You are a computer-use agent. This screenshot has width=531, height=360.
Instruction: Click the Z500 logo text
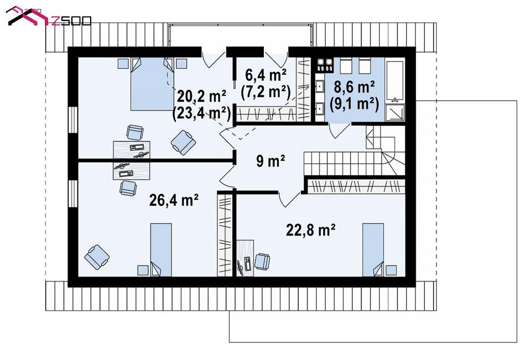[72, 20]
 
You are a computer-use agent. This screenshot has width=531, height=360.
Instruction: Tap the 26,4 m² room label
[174, 200]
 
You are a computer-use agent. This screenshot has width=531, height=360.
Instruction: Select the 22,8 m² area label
[311, 230]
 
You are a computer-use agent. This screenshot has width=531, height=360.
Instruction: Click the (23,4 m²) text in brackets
[201, 113]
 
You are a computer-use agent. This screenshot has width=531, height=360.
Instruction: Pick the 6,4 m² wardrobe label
[266, 75]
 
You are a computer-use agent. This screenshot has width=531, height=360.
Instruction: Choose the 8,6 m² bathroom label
[354, 87]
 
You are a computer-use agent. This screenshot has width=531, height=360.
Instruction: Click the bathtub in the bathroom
[395, 81]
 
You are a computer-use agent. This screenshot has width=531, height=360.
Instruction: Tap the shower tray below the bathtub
[395, 112]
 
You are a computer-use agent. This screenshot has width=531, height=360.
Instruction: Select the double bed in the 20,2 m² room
[152, 84]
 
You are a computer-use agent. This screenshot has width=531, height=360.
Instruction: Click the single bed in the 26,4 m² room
[161, 249]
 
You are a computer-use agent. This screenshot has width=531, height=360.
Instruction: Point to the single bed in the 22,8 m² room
[373, 249]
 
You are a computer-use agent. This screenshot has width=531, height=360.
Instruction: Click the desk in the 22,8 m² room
[245, 258]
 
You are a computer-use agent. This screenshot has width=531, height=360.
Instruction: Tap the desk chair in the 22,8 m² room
[262, 261]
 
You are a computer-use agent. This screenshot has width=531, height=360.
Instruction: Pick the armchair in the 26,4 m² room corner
[97, 257]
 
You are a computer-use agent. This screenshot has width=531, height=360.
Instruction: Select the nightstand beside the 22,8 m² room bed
[391, 270]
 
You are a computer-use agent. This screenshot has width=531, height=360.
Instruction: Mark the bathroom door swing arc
[339, 132]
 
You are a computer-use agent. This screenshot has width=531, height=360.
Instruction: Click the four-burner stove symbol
[325, 65]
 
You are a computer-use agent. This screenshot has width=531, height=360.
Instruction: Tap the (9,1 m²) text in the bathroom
[354, 104]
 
